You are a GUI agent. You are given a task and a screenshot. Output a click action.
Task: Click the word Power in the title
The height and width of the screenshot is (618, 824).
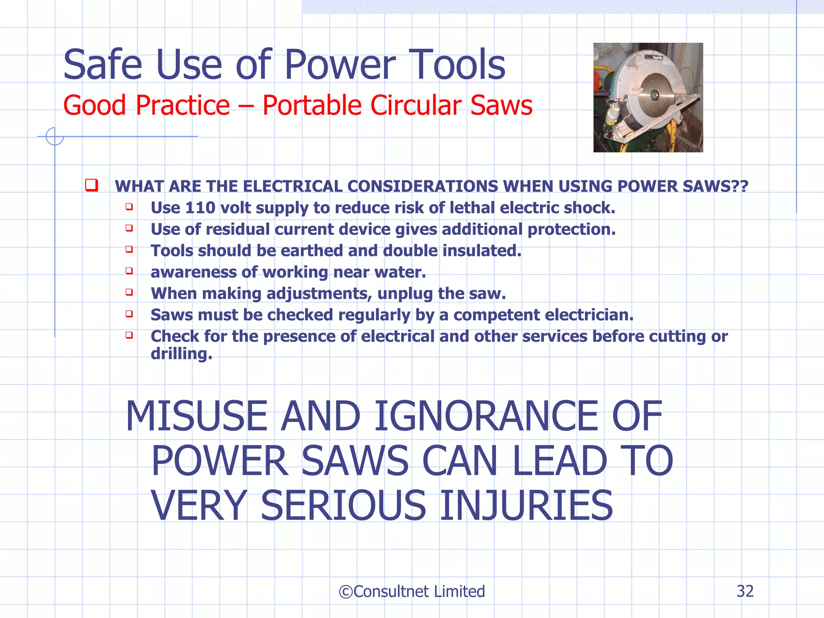pyautogui.click(x=340, y=65)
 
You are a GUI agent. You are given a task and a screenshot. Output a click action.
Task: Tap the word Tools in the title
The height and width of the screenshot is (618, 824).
pyautogui.click(x=457, y=65)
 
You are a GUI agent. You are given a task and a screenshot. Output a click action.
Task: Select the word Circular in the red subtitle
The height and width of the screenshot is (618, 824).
pyautogui.click(x=416, y=105)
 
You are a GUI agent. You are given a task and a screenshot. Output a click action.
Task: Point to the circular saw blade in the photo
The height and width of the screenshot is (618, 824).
pyautogui.click(x=654, y=95)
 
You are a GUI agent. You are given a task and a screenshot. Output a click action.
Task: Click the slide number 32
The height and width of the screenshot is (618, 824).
pyautogui.click(x=745, y=591)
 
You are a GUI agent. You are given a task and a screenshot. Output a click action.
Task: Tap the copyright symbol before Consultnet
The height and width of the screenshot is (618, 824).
pyautogui.click(x=345, y=592)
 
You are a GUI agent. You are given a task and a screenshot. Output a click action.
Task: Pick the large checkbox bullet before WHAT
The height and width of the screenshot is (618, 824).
pyautogui.click(x=91, y=185)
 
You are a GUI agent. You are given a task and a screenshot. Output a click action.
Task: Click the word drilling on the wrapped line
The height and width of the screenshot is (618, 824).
pyautogui.click(x=181, y=354)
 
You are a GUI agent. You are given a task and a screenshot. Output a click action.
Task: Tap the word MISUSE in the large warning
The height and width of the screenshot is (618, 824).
pyautogui.click(x=196, y=416)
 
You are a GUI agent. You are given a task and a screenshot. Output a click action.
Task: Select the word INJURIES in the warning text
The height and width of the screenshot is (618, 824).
pyautogui.click(x=526, y=505)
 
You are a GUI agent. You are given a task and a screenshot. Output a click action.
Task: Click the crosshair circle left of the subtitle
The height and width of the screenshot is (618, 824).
pyautogui.click(x=55, y=136)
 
